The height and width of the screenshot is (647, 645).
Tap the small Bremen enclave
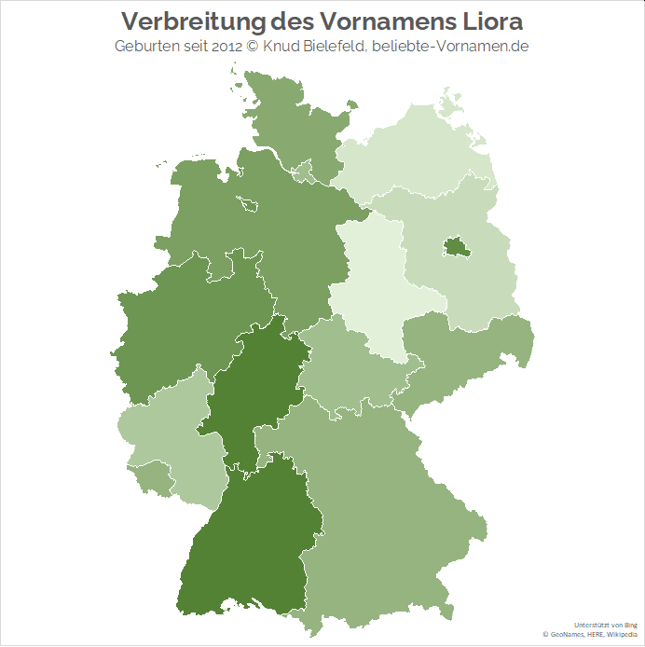250,203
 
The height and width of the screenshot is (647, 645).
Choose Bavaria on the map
391,503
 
